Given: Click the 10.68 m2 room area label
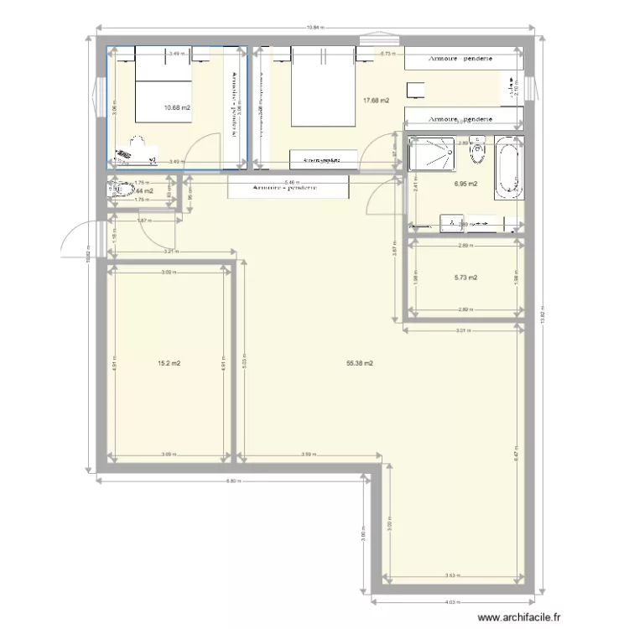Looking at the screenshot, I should (x=177, y=107).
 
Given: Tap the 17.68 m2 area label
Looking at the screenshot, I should (x=375, y=101).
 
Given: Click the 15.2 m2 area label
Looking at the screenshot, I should (x=169, y=363).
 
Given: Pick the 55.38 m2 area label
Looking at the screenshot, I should (x=359, y=363).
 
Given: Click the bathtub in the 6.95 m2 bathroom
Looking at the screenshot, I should (x=508, y=168).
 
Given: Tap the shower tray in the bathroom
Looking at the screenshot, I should (x=431, y=158).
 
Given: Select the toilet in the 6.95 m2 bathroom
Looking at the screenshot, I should (x=479, y=151).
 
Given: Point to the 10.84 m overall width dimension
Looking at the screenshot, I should (x=314, y=27).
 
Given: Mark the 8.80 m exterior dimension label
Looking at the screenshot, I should (x=234, y=481).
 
